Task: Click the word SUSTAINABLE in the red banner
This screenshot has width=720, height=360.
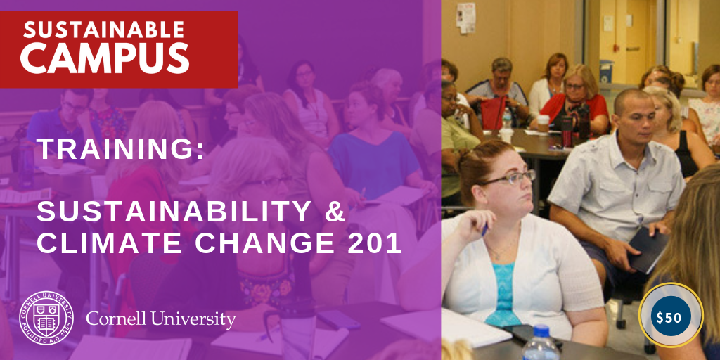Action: point(104,30)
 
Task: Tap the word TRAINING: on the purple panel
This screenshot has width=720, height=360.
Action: point(121,149)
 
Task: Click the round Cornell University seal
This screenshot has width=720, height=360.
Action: point(46,318)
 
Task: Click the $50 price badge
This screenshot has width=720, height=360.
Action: point(670,316)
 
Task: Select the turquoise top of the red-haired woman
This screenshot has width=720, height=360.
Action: point(505,293)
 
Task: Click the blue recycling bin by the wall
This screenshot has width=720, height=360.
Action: point(607,71)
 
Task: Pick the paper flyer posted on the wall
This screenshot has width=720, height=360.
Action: point(465,18)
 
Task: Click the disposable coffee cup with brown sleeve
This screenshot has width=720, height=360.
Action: point(544,124)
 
